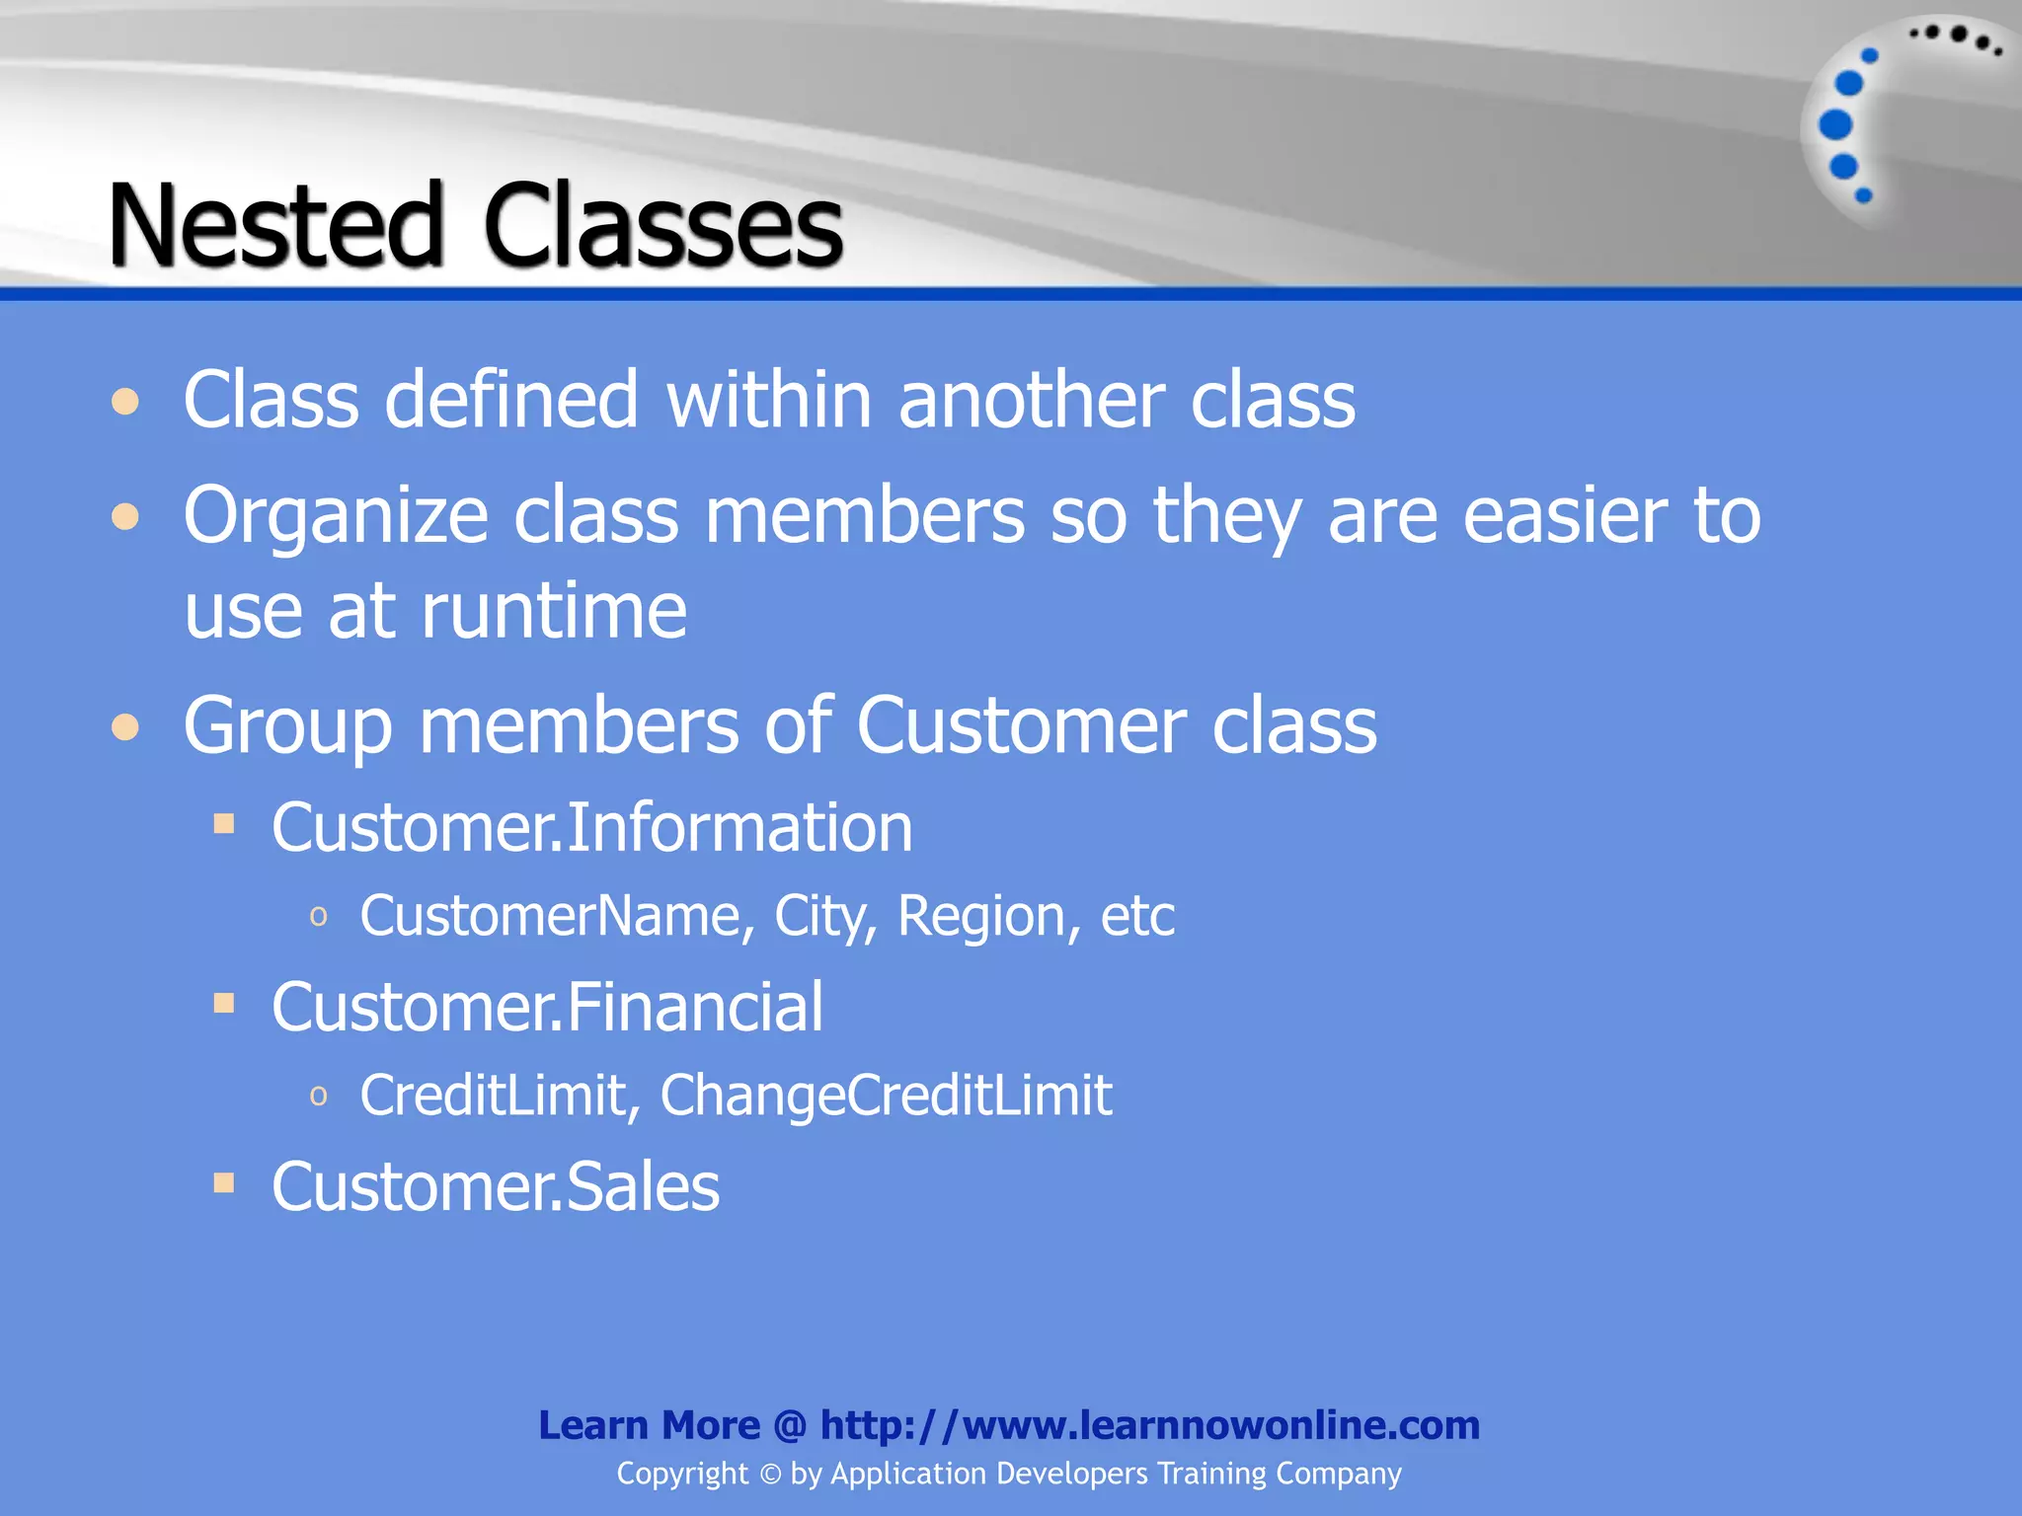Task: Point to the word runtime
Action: [x=554, y=611]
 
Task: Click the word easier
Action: [x=1565, y=515]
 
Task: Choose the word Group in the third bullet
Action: [x=288, y=726]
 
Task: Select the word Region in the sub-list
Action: [x=983, y=916]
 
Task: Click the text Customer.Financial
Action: [x=547, y=1007]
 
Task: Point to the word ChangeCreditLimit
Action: [x=886, y=1096]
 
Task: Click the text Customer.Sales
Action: [x=496, y=1186]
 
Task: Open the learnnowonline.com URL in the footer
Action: [x=1150, y=1425]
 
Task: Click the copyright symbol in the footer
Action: [x=770, y=1474]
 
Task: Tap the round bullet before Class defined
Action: [x=125, y=403]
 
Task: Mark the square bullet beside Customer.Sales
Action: [x=224, y=1182]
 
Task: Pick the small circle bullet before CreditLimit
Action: [x=318, y=1096]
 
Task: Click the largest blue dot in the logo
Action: [x=1835, y=125]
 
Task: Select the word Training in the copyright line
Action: [x=1211, y=1474]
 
